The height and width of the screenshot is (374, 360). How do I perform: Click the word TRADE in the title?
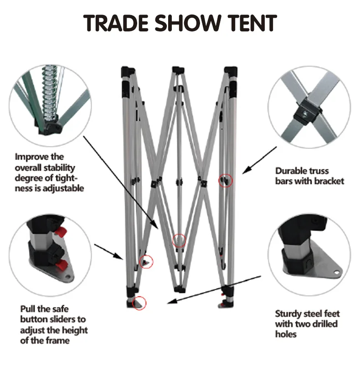click(x=116, y=24)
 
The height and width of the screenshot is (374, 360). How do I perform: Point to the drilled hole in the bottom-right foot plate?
click(x=336, y=272)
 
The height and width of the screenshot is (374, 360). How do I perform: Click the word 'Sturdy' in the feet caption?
click(x=290, y=314)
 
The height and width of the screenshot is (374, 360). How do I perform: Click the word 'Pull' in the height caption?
click(x=28, y=309)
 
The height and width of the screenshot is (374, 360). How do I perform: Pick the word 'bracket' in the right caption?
click(x=328, y=181)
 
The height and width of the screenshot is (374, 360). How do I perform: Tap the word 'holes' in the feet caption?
click(x=286, y=334)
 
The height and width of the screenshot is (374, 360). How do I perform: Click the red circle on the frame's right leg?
click(x=226, y=180)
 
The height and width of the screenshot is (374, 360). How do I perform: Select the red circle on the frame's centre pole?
click(x=180, y=241)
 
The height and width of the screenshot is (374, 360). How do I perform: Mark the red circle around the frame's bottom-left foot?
click(x=139, y=302)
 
